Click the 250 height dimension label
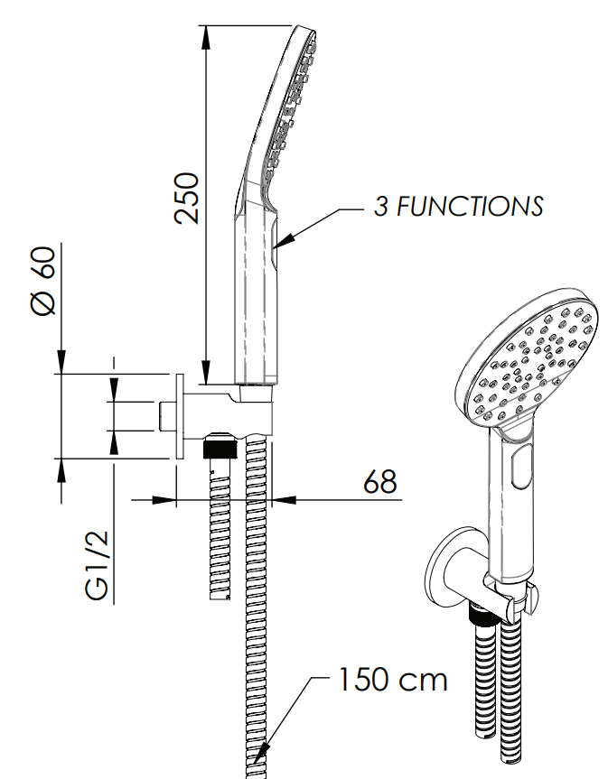pyautogui.click(x=187, y=198)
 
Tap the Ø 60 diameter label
pyautogui.click(x=43, y=281)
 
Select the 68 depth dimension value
pyautogui.click(x=380, y=481)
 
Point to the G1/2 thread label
pyautogui.click(x=96, y=565)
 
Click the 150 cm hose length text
pyautogui.click(x=393, y=680)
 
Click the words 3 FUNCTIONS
pyautogui.click(x=458, y=206)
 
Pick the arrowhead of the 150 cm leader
pyautogui.click(x=261, y=753)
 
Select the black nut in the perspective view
pyautogui.click(x=482, y=614)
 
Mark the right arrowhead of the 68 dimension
pyautogui.click(x=284, y=499)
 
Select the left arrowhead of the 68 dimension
pyautogui.click(x=164, y=499)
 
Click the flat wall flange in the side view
pyautogui.click(x=180, y=416)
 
